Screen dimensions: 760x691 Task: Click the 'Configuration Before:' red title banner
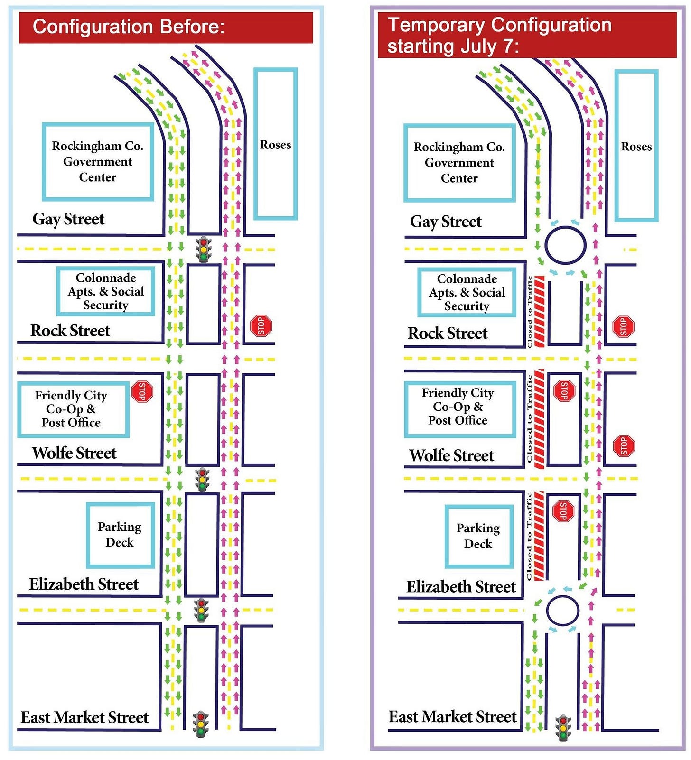166,28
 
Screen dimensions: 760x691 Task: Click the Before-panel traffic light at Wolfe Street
203,480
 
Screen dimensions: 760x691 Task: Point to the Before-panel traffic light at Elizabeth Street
202,611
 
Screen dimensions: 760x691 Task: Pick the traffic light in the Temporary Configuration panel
563,727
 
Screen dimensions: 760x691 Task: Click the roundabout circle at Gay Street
565,245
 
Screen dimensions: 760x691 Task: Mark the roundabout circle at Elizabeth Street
563,611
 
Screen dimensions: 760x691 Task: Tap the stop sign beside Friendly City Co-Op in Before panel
142,392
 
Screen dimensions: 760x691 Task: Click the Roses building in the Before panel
275,144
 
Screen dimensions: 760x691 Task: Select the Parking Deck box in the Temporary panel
479,536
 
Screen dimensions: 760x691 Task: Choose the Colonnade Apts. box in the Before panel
106,291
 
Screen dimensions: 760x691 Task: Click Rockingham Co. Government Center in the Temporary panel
459,163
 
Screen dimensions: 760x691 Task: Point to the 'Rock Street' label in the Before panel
70,331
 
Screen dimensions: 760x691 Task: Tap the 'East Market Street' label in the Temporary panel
452,716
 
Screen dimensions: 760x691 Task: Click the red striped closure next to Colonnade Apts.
540,312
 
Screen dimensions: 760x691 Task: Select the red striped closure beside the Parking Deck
539,536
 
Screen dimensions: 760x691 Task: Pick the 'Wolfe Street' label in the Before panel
74,453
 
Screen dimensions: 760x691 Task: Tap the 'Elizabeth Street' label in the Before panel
84,584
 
